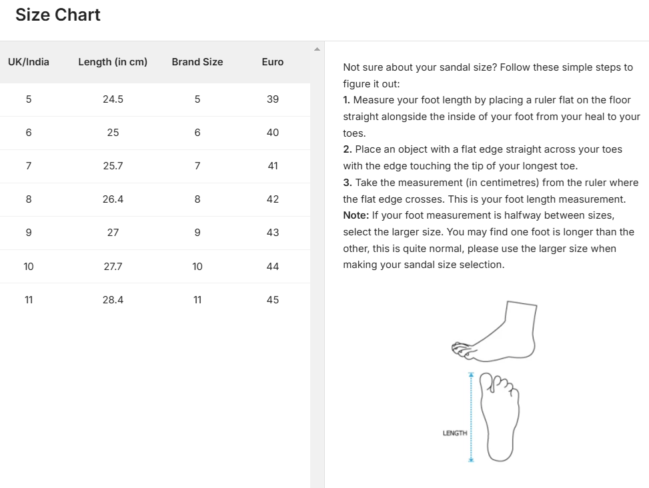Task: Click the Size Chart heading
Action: tap(58, 15)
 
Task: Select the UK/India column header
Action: tap(29, 62)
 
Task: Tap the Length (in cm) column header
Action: tap(113, 62)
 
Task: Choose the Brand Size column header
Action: tap(197, 62)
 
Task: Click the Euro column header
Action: tap(273, 62)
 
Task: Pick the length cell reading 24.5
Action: tap(113, 99)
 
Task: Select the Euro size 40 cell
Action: tap(273, 133)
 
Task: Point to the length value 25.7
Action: tap(113, 166)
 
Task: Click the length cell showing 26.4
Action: tap(113, 199)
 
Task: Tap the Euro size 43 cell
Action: tap(273, 233)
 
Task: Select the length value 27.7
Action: tap(113, 267)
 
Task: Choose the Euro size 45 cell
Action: tap(273, 300)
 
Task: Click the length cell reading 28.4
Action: tap(113, 300)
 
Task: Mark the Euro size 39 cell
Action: tap(273, 99)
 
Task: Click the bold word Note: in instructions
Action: tap(356, 215)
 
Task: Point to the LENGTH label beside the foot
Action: tap(454, 433)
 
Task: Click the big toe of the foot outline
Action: tap(487, 381)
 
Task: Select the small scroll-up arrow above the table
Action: tap(317, 49)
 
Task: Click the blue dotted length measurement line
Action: tap(471, 417)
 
